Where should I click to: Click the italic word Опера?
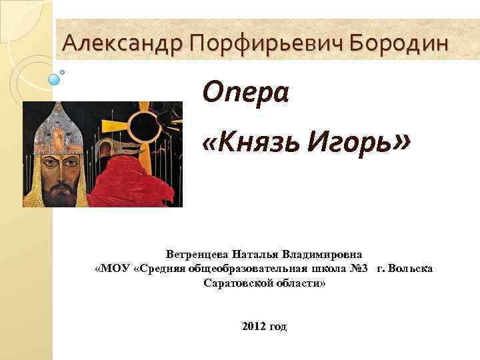tap(245, 91)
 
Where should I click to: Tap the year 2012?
tap(254, 326)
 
